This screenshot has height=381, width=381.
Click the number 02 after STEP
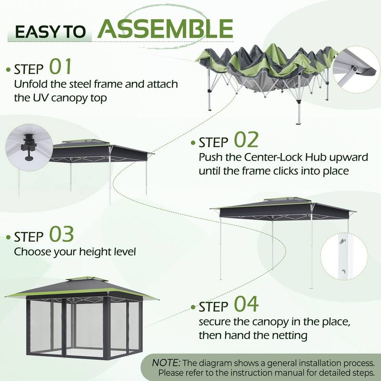246,140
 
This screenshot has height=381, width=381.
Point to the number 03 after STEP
61,235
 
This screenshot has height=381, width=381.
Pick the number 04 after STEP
246,304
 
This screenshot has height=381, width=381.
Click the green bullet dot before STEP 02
193,143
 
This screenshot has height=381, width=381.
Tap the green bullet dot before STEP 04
193,307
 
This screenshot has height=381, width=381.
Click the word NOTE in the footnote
166,363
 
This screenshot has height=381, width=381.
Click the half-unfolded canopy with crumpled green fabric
264,71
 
